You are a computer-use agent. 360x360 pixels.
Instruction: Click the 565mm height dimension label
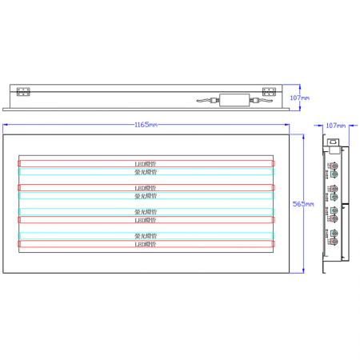point(297,204)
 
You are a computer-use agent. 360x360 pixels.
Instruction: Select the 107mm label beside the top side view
point(300,97)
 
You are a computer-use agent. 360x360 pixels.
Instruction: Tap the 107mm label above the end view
point(335,125)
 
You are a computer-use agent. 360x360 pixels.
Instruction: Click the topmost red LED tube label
point(146,163)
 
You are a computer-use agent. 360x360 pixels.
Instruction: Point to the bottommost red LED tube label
point(146,244)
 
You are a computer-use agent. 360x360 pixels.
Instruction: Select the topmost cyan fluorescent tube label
point(146,171)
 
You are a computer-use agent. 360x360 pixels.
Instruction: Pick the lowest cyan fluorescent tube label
point(146,236)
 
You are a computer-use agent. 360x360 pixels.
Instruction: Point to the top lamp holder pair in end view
point(333,170)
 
